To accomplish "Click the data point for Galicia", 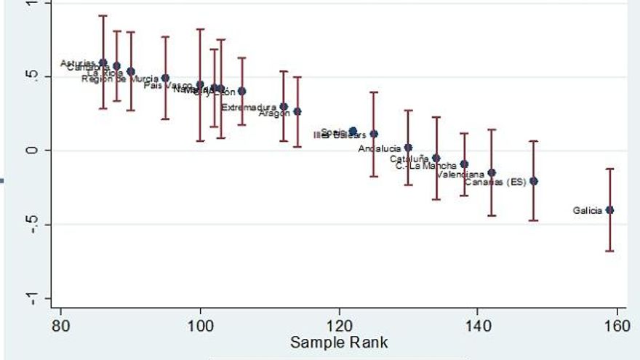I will (x=609, y=209).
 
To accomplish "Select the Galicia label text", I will (x=587, y=210).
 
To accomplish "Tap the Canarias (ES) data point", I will (x=533, y=181).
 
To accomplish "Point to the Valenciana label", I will (x=460, y=175).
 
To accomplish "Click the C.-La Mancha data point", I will (x=464, y=164).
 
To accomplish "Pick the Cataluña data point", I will (x=436, y=158).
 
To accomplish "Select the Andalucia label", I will (x=380, y=148).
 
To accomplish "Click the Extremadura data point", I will (x=284, y=106).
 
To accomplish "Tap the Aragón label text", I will (x=275, y=113).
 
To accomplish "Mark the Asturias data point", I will (x=103, y=63).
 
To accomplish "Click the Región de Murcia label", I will (x=120, y=79).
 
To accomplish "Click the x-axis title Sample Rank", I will (x=339, y=343).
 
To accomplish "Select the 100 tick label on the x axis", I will (x=200, y=324).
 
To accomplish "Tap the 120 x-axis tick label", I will (x=339, y=324).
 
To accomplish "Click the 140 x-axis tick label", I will (x=478, y=324).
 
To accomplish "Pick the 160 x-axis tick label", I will (x=617, y=324).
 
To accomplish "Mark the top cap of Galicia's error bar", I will (x=609, y=169).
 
